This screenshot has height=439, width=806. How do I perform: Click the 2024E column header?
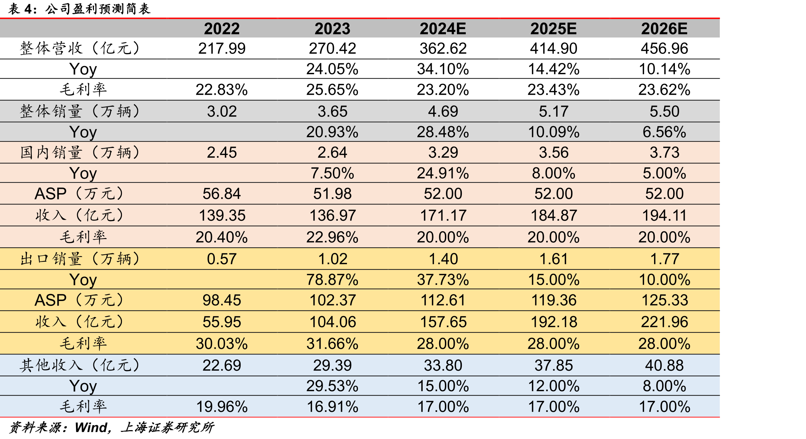pos(443,29)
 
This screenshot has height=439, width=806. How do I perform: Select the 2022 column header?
pos(222,29)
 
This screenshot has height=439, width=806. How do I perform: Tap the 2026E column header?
pos(664,29)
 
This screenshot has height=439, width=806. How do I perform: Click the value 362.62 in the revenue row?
pos(443,48)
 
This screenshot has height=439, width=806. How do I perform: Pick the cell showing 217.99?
pos(222,48)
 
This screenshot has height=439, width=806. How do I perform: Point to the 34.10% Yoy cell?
pos(443,69)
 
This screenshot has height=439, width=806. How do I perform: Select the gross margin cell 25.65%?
pos(333,90)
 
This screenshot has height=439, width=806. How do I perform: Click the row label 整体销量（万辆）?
pos(80,111)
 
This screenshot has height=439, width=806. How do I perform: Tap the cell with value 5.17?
pos(554,111)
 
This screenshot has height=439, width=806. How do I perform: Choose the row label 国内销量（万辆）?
pos(80,152)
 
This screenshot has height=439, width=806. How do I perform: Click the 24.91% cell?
pos(443,173)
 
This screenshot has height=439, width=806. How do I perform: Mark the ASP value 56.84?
pos(222,194)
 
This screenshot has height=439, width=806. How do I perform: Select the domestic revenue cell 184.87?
pos(554,215)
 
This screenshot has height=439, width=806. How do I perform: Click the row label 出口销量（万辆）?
pos(80,259)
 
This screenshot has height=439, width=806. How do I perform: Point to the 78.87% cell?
pos(333,280)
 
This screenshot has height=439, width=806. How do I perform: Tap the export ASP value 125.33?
pos(664,300)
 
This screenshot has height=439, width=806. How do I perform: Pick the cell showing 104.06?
pos(333,322)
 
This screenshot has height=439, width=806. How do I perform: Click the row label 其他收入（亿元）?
pos(80,365)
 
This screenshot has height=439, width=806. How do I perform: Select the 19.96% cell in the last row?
pos(222,407)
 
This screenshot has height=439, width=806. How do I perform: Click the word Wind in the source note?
pos(91,428)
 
